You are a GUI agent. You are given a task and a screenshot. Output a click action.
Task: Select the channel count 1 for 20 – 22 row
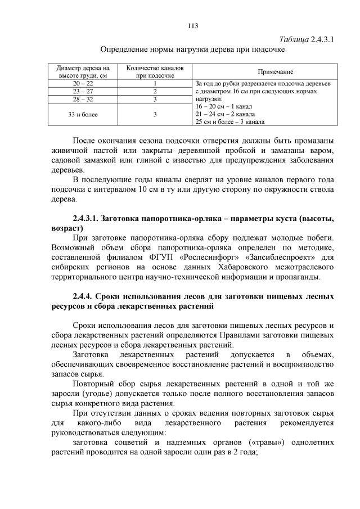coord(155,83)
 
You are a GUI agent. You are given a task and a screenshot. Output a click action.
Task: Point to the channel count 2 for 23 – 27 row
coord(155,91)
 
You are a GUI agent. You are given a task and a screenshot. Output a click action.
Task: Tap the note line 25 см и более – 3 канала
coord(230,121)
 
